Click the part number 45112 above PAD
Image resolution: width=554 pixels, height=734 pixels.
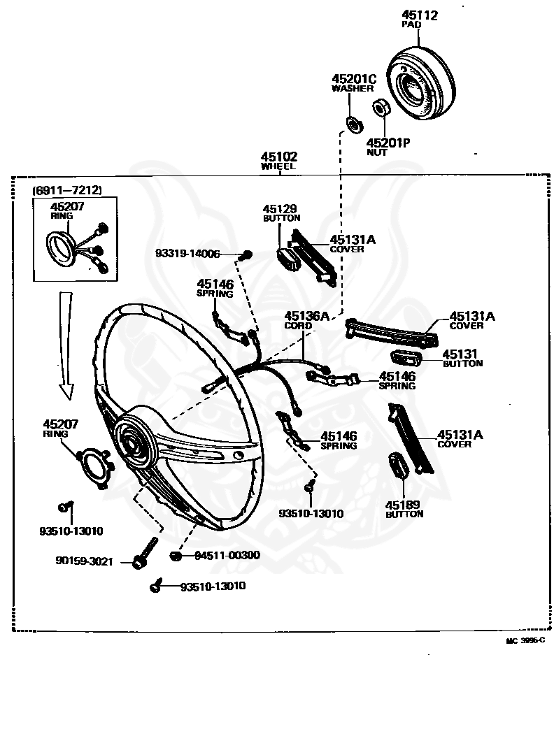(420, 15)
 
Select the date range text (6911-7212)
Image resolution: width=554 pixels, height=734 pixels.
(67, 190)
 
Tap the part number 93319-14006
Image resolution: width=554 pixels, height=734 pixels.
(188, 255)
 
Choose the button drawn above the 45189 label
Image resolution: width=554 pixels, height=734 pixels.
(397, 466)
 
